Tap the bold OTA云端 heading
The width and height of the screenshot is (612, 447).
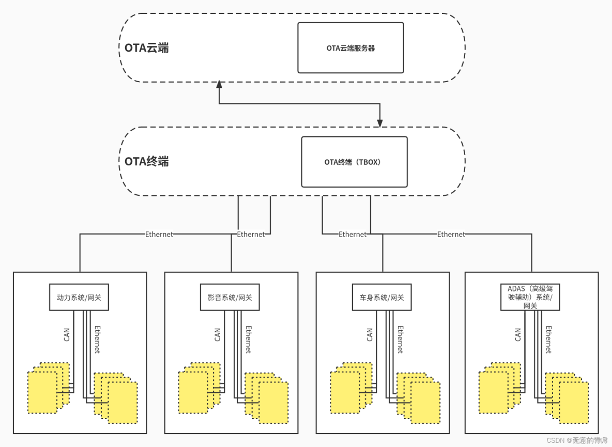tap(146, 48)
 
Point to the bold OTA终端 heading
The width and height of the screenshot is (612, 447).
tap(146, 161)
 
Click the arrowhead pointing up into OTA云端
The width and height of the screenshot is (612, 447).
tap(219, 84)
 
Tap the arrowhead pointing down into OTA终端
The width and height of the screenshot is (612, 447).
tap(380, 124)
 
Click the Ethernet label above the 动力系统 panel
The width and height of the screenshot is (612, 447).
tap(159, 234)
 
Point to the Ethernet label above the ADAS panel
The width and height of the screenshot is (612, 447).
tap(451, 234)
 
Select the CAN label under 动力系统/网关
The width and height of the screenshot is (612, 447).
tap(67, 335)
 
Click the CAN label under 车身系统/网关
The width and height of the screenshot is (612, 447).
tap(370, 335)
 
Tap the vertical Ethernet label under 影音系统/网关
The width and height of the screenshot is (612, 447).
tap(248, 340)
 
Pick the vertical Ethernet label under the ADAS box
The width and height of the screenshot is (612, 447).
tap(548, 340)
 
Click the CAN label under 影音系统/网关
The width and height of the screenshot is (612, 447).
tap(218, 335)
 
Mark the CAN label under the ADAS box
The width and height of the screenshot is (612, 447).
tap(518, 335)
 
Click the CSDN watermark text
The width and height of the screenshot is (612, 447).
tap(577, 440)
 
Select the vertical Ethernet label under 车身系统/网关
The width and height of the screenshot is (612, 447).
tap(400, 340)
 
